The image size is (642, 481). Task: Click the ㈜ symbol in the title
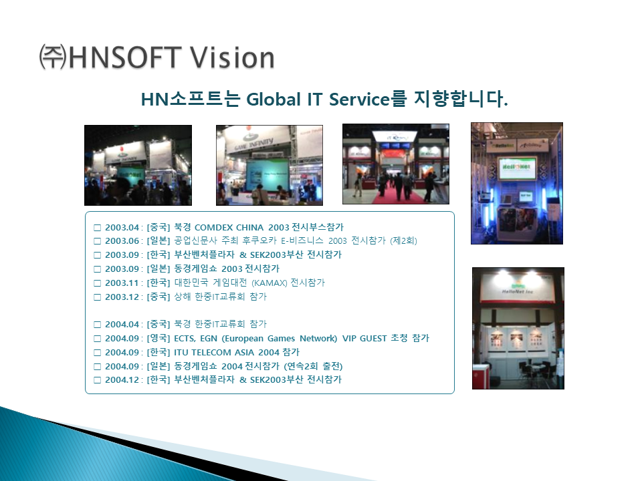click(53, 57)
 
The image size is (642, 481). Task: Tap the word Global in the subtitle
click(274, 100)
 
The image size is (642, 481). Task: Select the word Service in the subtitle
click(359, 100)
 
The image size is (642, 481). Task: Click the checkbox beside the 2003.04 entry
click(97, 228)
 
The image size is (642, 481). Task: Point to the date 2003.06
click(122, 241)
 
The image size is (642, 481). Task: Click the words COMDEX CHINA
click(229, 227)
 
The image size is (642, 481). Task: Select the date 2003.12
click(122, 297)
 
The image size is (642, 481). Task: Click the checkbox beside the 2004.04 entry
click(97, 325)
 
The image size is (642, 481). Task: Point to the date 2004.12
click(122, 380)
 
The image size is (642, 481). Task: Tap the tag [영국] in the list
click(158, 339)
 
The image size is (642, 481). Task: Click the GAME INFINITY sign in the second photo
click(254, 144)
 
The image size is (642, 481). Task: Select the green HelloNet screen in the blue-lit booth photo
click(517, 168)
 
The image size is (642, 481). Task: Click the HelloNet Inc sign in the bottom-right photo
click(518, 291)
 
